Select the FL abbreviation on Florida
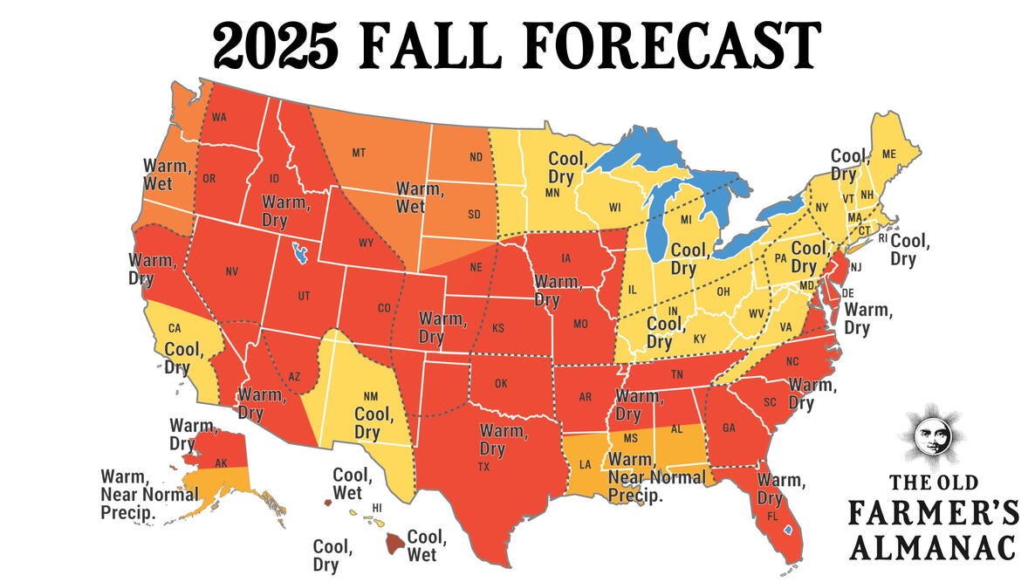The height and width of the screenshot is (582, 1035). (x=772, y=516)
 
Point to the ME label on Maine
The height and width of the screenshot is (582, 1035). (x=889, y=154)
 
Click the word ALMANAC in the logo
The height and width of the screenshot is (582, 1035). (x=933, y=547)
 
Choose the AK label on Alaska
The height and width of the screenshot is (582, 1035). (x=222, y=462)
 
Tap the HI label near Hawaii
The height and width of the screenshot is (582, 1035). (x=378, y=507)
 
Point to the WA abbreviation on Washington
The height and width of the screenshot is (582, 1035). (x=219, y=118)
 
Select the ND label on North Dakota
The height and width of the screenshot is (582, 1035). (x=476, y=157)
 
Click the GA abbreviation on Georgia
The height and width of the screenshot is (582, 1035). (x=729, y=428)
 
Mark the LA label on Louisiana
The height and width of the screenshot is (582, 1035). (x=585, y=464)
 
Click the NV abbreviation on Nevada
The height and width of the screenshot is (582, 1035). (x=231, y=271)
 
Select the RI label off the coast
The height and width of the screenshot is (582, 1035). (x=881, y=237)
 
